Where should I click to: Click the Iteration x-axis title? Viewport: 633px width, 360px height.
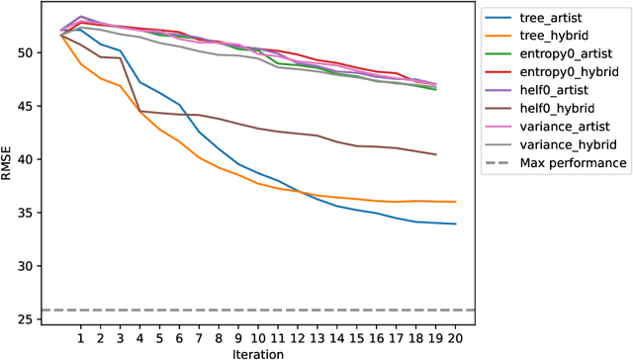pyautogui.click(x=258, y=353)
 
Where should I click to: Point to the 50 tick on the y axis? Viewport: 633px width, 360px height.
pyautogui.click(x=37, y=52)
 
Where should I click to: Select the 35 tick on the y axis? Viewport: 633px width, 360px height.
pyautogui.click(x=37, y=214)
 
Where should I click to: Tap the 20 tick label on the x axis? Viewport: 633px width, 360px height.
pyautogui.click(x=456, y=337)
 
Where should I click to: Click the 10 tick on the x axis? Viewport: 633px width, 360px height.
pyautogui.click(x=258, y=337)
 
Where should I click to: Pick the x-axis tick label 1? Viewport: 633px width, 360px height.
pyautogui.click(x=80, y=337)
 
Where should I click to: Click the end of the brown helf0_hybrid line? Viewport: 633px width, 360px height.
pyautogui.click(x=436, y=154)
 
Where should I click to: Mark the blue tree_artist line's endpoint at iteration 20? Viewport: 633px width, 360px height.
pyautogui.click(x=456, y=225)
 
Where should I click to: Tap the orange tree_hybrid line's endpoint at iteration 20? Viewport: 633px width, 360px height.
pyautogui.click(x=456, y=202)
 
